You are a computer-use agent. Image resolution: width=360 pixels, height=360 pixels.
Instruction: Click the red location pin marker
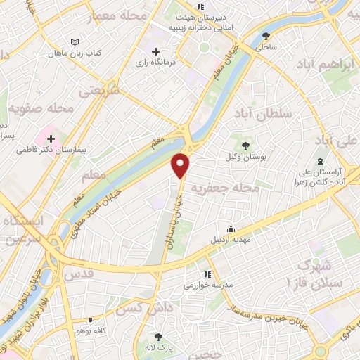[181, 165]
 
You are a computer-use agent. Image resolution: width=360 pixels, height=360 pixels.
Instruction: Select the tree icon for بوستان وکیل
[245, 145]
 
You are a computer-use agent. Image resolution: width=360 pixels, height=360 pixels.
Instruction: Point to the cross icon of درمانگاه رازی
[156, 51]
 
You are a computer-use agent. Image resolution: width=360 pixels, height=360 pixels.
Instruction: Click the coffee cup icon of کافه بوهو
[91, 320]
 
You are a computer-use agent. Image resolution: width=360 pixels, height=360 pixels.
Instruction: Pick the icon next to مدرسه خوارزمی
[206, 274]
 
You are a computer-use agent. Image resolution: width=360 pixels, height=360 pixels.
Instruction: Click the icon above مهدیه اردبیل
[231, 228]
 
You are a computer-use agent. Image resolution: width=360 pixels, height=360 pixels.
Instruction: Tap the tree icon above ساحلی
[266, 37]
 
